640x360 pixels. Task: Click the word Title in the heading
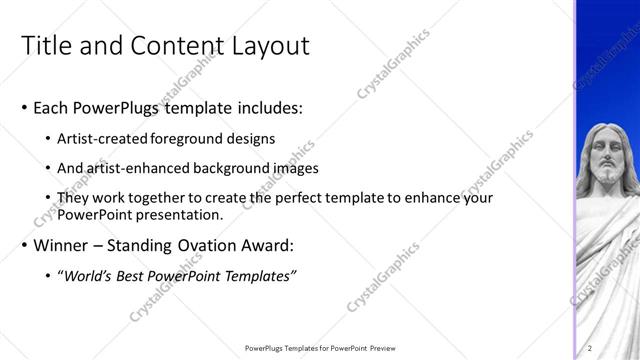pos(44,46)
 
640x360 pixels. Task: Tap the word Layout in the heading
pos(271,46)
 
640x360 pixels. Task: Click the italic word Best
pos(139,275)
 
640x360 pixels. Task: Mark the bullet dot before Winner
pos(24,245)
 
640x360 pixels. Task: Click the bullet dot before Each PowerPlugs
pos(24,107)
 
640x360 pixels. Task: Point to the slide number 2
pos(590,347)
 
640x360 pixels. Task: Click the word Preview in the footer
pos(380,347)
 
